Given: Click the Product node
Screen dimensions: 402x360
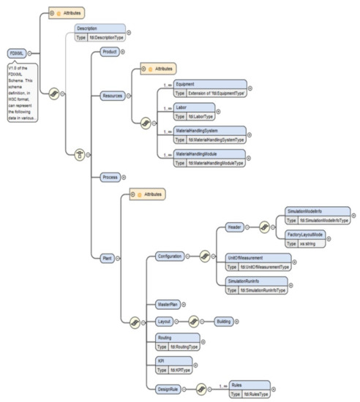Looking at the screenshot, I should pyautogui.click(x=110, y=52).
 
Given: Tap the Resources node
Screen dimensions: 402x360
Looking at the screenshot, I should pyautogui.click(x=112, y=96).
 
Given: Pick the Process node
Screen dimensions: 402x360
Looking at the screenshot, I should pyautogui.click(x=110, y=178).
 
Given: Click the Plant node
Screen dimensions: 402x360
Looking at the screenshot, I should pyautogui.click(x=108, y=258).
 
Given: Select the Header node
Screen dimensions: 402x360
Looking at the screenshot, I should pyautogui.click(x=233, y=227).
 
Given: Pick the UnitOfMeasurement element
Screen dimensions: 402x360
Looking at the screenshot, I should pyautogui.click(x=255, y=262).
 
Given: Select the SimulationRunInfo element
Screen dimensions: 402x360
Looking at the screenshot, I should pyautogui.click(x=253, y=284).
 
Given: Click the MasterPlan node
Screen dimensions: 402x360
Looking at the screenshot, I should pyautogui.click(x=169, y=303).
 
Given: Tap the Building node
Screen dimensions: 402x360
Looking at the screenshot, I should pyautogui.click(x=223, y=321).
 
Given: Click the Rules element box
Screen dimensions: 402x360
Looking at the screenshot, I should pyautogui.click(x=249, y=388).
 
